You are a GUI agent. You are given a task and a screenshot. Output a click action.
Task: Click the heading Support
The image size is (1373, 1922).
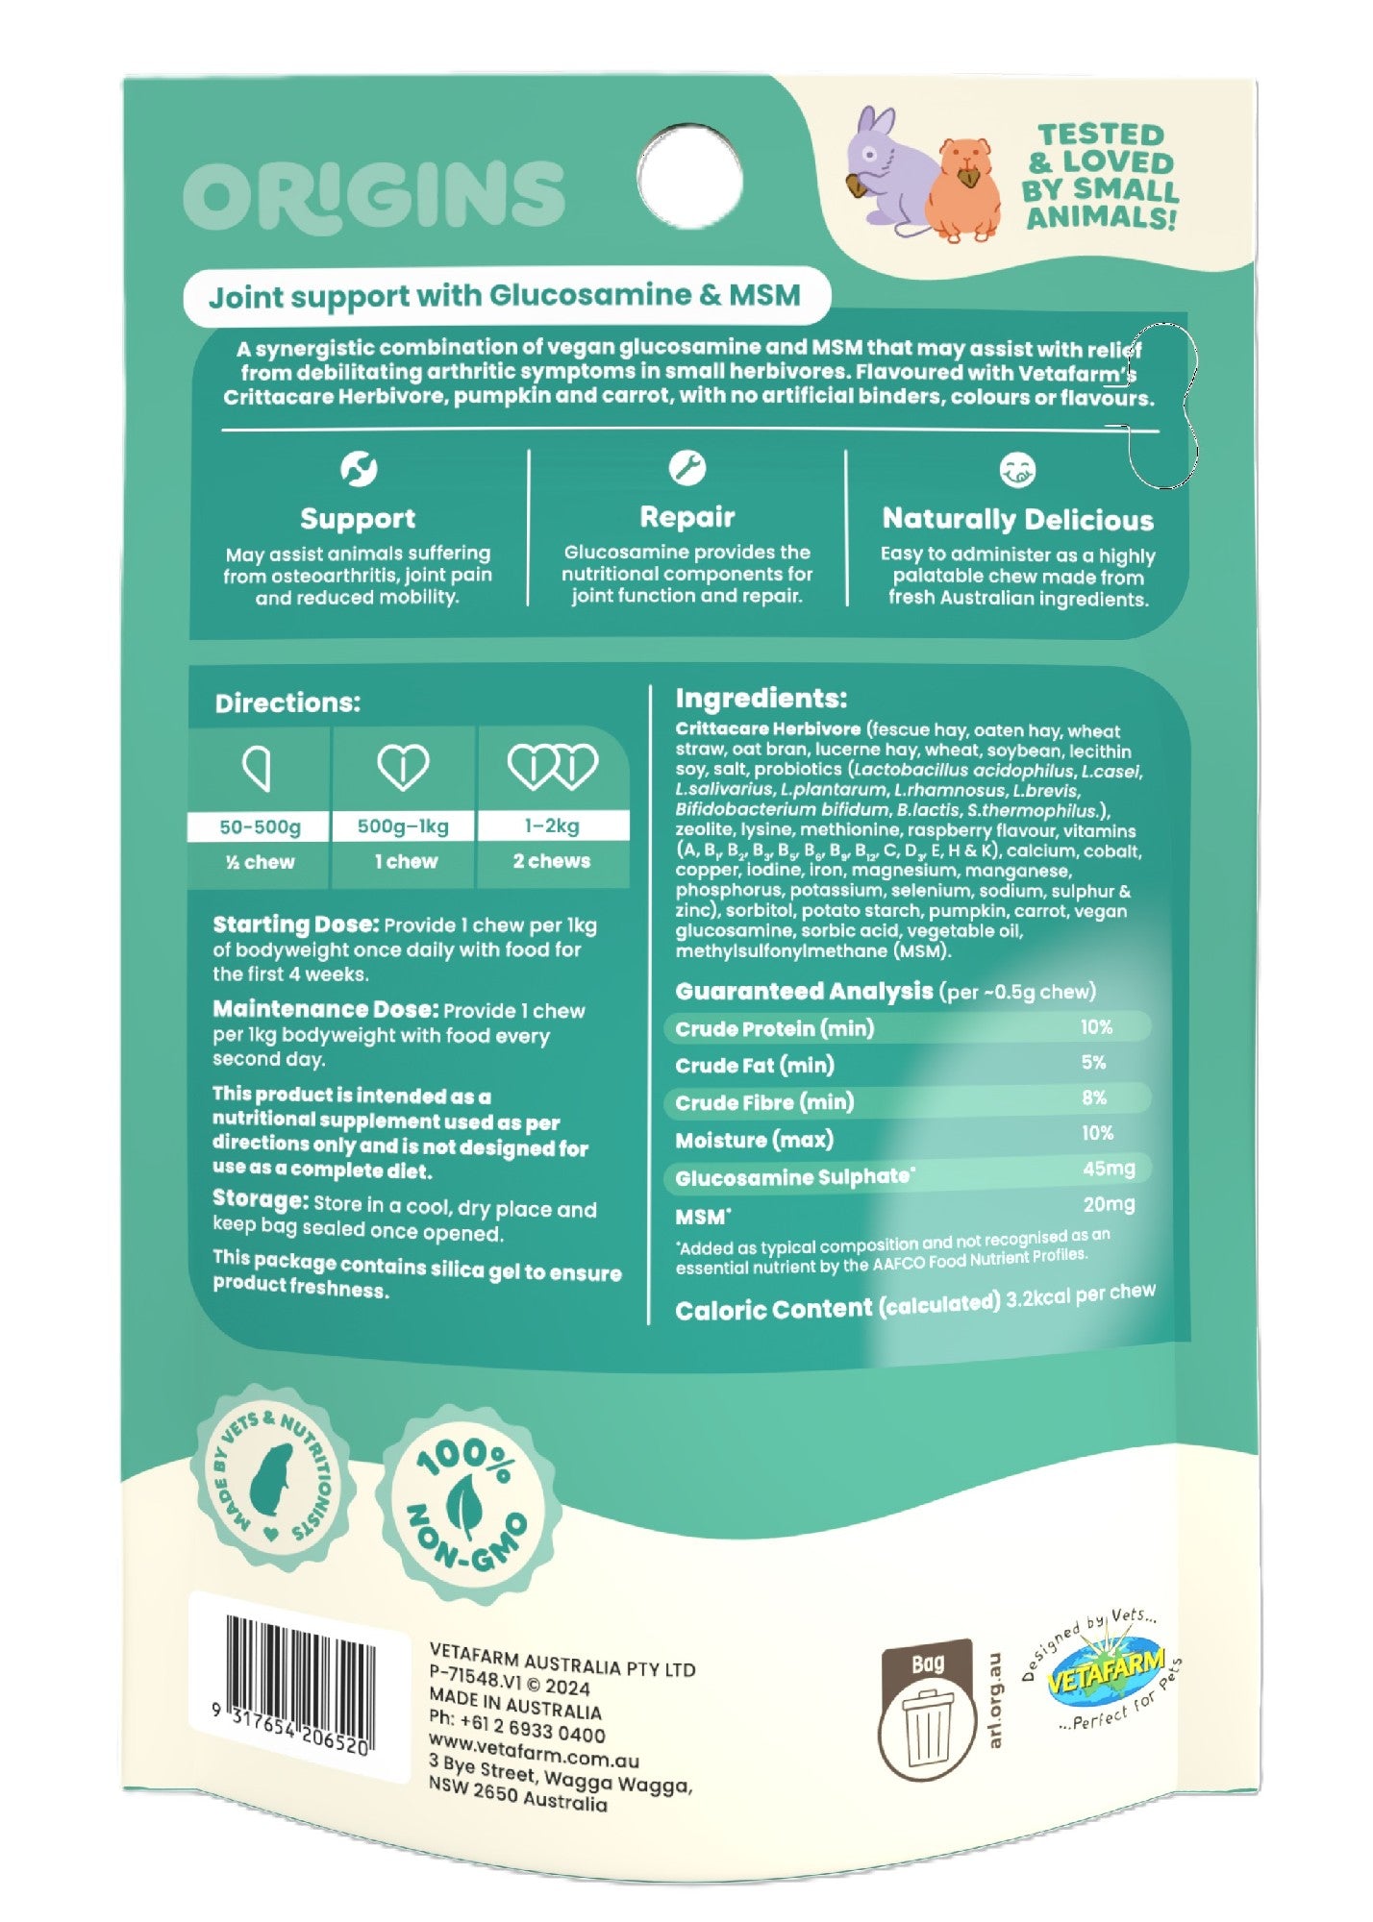point(358,519)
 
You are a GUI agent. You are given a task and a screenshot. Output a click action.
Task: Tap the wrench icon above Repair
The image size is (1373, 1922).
point(686,468)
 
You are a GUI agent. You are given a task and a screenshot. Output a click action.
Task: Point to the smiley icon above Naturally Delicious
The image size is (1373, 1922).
point(1017,470)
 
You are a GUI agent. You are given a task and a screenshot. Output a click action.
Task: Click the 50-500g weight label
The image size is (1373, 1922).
point(260,826)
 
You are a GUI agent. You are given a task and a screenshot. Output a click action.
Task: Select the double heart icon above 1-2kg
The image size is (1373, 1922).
point(552,767)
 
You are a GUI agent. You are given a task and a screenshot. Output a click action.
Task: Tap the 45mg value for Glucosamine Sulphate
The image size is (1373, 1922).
point(1109,1169)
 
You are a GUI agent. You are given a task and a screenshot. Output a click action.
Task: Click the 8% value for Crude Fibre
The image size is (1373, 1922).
point(1093,1097)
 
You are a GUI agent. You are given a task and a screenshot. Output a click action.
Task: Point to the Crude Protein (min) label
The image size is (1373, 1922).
point(775,1028)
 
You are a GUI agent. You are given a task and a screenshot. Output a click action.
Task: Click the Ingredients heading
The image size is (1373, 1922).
point(761,699)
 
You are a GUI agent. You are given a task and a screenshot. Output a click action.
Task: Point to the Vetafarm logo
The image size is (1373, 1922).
point(1104,1673)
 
